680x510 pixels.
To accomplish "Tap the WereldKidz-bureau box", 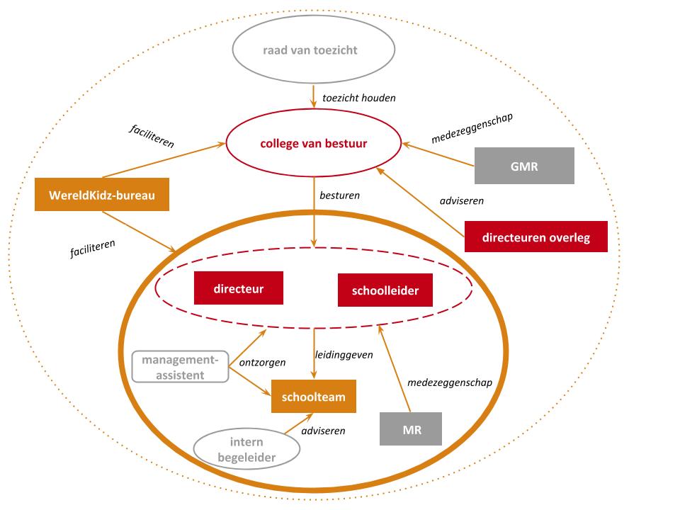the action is pyautogui.click(x=102, y=195).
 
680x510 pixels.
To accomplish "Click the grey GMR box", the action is pyautogui.click(x=524, y=166).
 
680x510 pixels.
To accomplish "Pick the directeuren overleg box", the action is pyautogui.click(x=536, y=237).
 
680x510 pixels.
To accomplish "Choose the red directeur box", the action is pyautogui.click(x=239, y=288).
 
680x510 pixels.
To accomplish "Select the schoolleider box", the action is pyautogui.click(x=385, y=290).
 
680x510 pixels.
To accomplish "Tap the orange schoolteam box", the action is pyautogui.click(x=314, y=397).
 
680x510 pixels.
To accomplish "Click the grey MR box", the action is pyautogui.click(x=411, y=429).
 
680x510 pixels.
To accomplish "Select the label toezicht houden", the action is pyautogui.click(x=359, y=98).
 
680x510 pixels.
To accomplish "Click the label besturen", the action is pyautogui.click(x=339, y=195).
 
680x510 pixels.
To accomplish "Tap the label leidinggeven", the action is pyautogui.click(x=344, y=355).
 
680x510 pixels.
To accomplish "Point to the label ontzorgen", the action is pyautogui.click(x=262, y=363).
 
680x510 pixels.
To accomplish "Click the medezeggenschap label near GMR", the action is pyautogui.click(x=472, y=128).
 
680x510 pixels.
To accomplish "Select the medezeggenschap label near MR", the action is pyautogui.click(x=450, y=382).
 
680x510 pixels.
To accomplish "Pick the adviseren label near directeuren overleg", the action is pyautogui.click(x=461, y=200).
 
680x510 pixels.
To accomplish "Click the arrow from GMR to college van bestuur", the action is pyautogui.click(x=438, y=154).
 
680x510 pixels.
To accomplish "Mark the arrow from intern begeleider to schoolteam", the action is pyautogui.click(x=299, y=424).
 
